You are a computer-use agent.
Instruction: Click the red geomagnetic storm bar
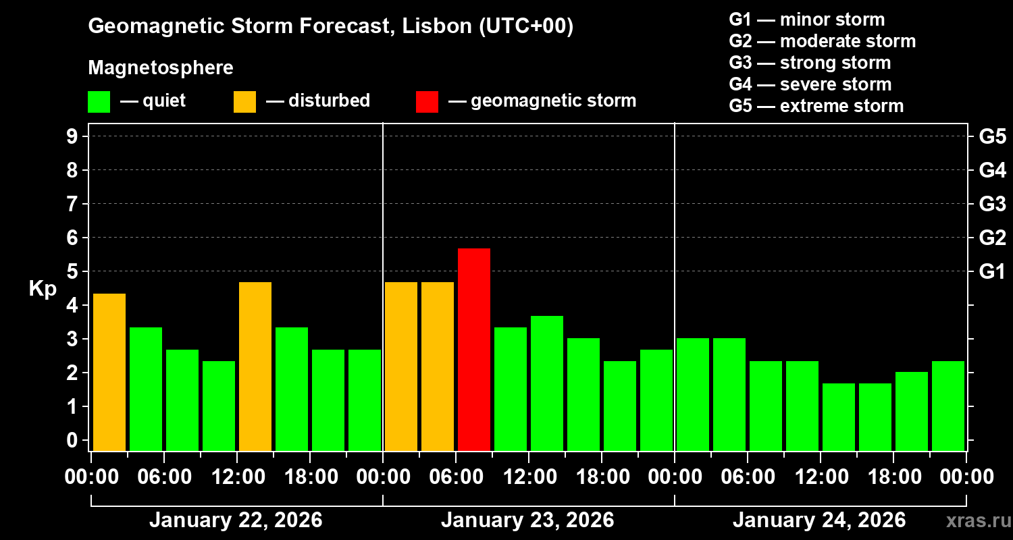coord(474,349)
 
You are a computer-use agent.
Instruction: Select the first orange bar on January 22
coord(109,372)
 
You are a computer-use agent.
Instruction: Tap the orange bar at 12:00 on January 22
coord(255,366)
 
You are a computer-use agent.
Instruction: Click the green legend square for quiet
coord(99,102)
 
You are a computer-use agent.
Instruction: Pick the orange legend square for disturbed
coord(244,102)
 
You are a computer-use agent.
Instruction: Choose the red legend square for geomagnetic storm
coord(427,102)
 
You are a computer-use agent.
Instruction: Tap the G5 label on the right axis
coord(992,136)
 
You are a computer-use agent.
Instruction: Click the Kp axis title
coord(43,289)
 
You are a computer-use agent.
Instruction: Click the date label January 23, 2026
coord(527,520)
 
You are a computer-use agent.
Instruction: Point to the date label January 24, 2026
coord(819,520)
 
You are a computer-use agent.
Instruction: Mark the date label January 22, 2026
coord(236,520)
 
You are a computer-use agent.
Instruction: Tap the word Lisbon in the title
coord(432,27)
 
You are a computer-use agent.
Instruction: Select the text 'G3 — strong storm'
coord(810,63)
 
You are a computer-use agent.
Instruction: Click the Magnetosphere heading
coord(161,68)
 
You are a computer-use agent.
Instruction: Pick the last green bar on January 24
coord(948,406)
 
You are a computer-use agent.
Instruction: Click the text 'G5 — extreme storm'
coord(816,106)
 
